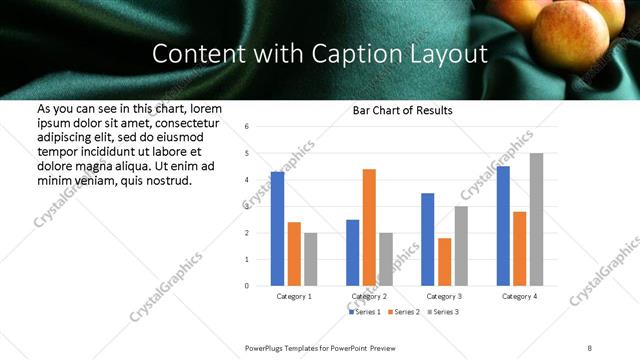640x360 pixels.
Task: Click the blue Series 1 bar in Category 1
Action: coord(277,229)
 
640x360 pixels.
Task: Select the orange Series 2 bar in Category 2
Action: coord(369,227)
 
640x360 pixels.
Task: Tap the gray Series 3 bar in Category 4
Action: coord(536,219)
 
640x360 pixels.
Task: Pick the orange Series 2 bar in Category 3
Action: coord(444,262)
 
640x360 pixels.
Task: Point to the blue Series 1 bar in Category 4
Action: coord(503,226)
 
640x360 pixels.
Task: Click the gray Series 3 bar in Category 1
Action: coord(311,259)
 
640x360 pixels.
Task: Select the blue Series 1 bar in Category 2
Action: coord(352,252)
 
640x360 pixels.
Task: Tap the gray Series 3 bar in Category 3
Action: coord(461,246)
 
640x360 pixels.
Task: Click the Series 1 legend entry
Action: coord(366,313)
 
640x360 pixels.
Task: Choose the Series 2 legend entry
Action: coord(404,313)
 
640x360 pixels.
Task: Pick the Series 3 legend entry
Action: coord(443,313)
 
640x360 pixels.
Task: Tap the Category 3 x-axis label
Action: coord(444,297)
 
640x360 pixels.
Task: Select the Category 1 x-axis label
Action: coord(294,297)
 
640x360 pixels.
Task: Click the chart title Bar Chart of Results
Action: coord(402,110)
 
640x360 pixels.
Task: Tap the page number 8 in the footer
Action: coord(590,347)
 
